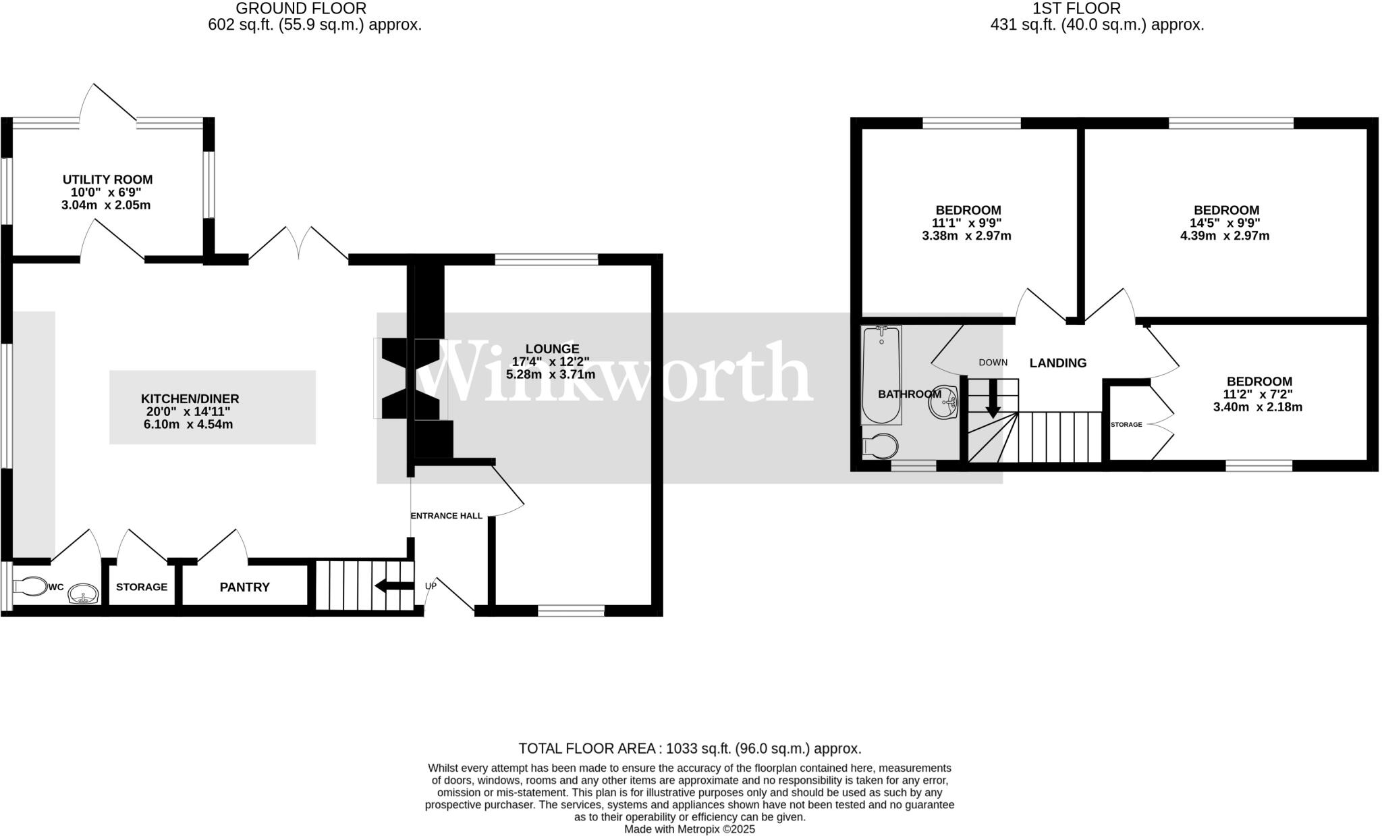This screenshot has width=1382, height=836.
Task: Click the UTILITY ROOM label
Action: pyautogui.click(x=107, y=180)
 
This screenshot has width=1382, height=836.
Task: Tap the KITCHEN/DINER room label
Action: pyautogui.click(x=190, y=399)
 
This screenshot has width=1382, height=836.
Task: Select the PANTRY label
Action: pyautogui.click(x=244, y=587)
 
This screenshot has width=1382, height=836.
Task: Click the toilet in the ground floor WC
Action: pyautogui.click(x=30, y=587)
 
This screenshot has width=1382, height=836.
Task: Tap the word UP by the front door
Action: pyautogui.click(x=431, y=585)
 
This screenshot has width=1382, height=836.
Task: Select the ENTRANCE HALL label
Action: pyautogui.click(x=446, y=516)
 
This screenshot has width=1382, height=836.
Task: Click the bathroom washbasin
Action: pyautogui.click(x=943, y=403)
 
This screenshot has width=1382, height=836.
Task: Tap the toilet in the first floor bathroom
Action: pyautogui.click(x=881, y=446)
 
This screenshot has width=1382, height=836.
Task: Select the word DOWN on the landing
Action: pyautogui.click(x=993, y=363)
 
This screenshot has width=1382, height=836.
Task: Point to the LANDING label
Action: pyautogui.click(x=1057, y=363)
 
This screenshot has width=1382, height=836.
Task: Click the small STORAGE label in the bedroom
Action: pyautogui.click(x=1126, y=425)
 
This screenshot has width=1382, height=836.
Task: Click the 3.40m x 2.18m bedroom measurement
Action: pyautogui.click(x=1257, y=407)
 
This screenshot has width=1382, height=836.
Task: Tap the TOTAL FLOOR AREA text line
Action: pyautogui.click(x=689, y=748)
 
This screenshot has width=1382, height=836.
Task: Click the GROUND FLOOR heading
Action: pyautogui.click(x=301, y=9)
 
